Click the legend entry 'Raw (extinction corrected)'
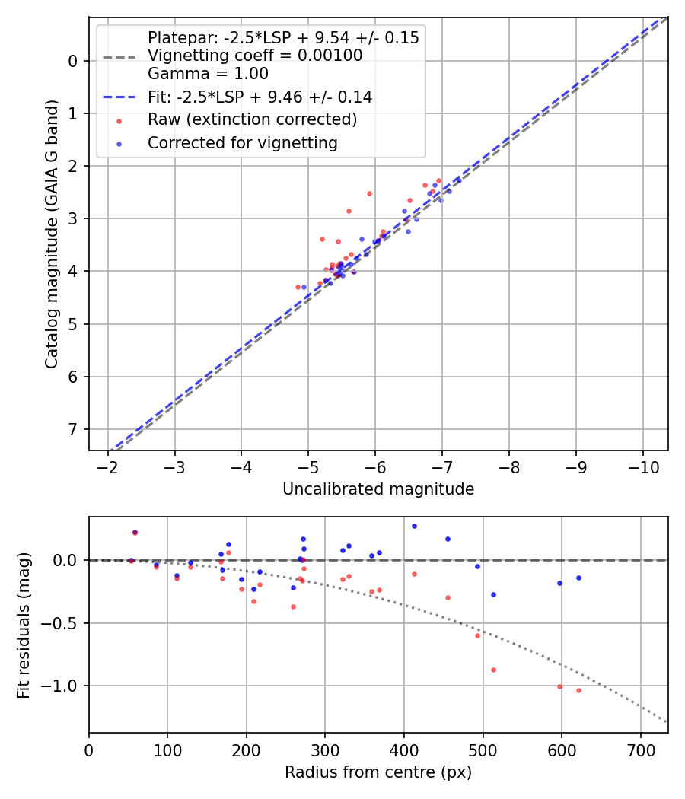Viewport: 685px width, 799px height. [x=252, y=119]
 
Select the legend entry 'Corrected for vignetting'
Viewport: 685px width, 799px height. [x=243, y=142]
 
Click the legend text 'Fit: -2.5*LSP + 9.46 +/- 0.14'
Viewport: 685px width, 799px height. [x=260, y=97]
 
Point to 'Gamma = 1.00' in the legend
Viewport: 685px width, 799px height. [x=208, y=74]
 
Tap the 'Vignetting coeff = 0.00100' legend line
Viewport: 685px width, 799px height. [x=255, y=56]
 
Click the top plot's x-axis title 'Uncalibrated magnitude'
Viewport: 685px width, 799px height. [x=378, y=489]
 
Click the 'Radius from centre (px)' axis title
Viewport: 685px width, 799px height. [x=378, y=772]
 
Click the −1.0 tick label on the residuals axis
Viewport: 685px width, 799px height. [x=64, y=686]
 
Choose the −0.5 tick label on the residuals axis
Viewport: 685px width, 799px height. [x=64, y=623]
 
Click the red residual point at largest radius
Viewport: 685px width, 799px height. [x=578, y=690]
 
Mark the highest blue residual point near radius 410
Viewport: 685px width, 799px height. [x=414, y=526]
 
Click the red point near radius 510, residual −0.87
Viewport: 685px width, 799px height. [x=493, y=670]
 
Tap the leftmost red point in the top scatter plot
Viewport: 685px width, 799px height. [x=298, y=287]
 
